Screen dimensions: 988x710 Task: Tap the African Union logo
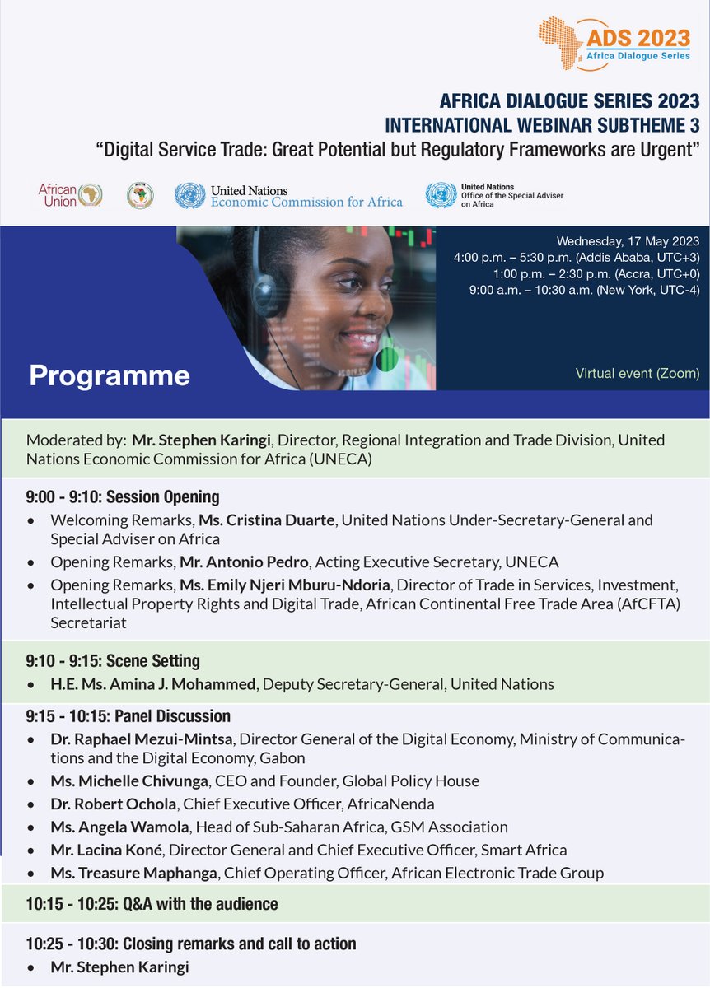click(x=71, y=195)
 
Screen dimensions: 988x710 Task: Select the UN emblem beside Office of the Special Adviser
click(x=441, y=195)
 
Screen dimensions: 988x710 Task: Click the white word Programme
click(x=110, y=375)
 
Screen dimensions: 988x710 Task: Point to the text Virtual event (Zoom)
click(x=638, y=374)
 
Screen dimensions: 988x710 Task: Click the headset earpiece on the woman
click(x=266, y=291)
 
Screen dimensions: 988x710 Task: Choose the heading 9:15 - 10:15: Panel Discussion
click(x=128, y=716)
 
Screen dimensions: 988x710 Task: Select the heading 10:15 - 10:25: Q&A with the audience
click(x=152, y=904)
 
